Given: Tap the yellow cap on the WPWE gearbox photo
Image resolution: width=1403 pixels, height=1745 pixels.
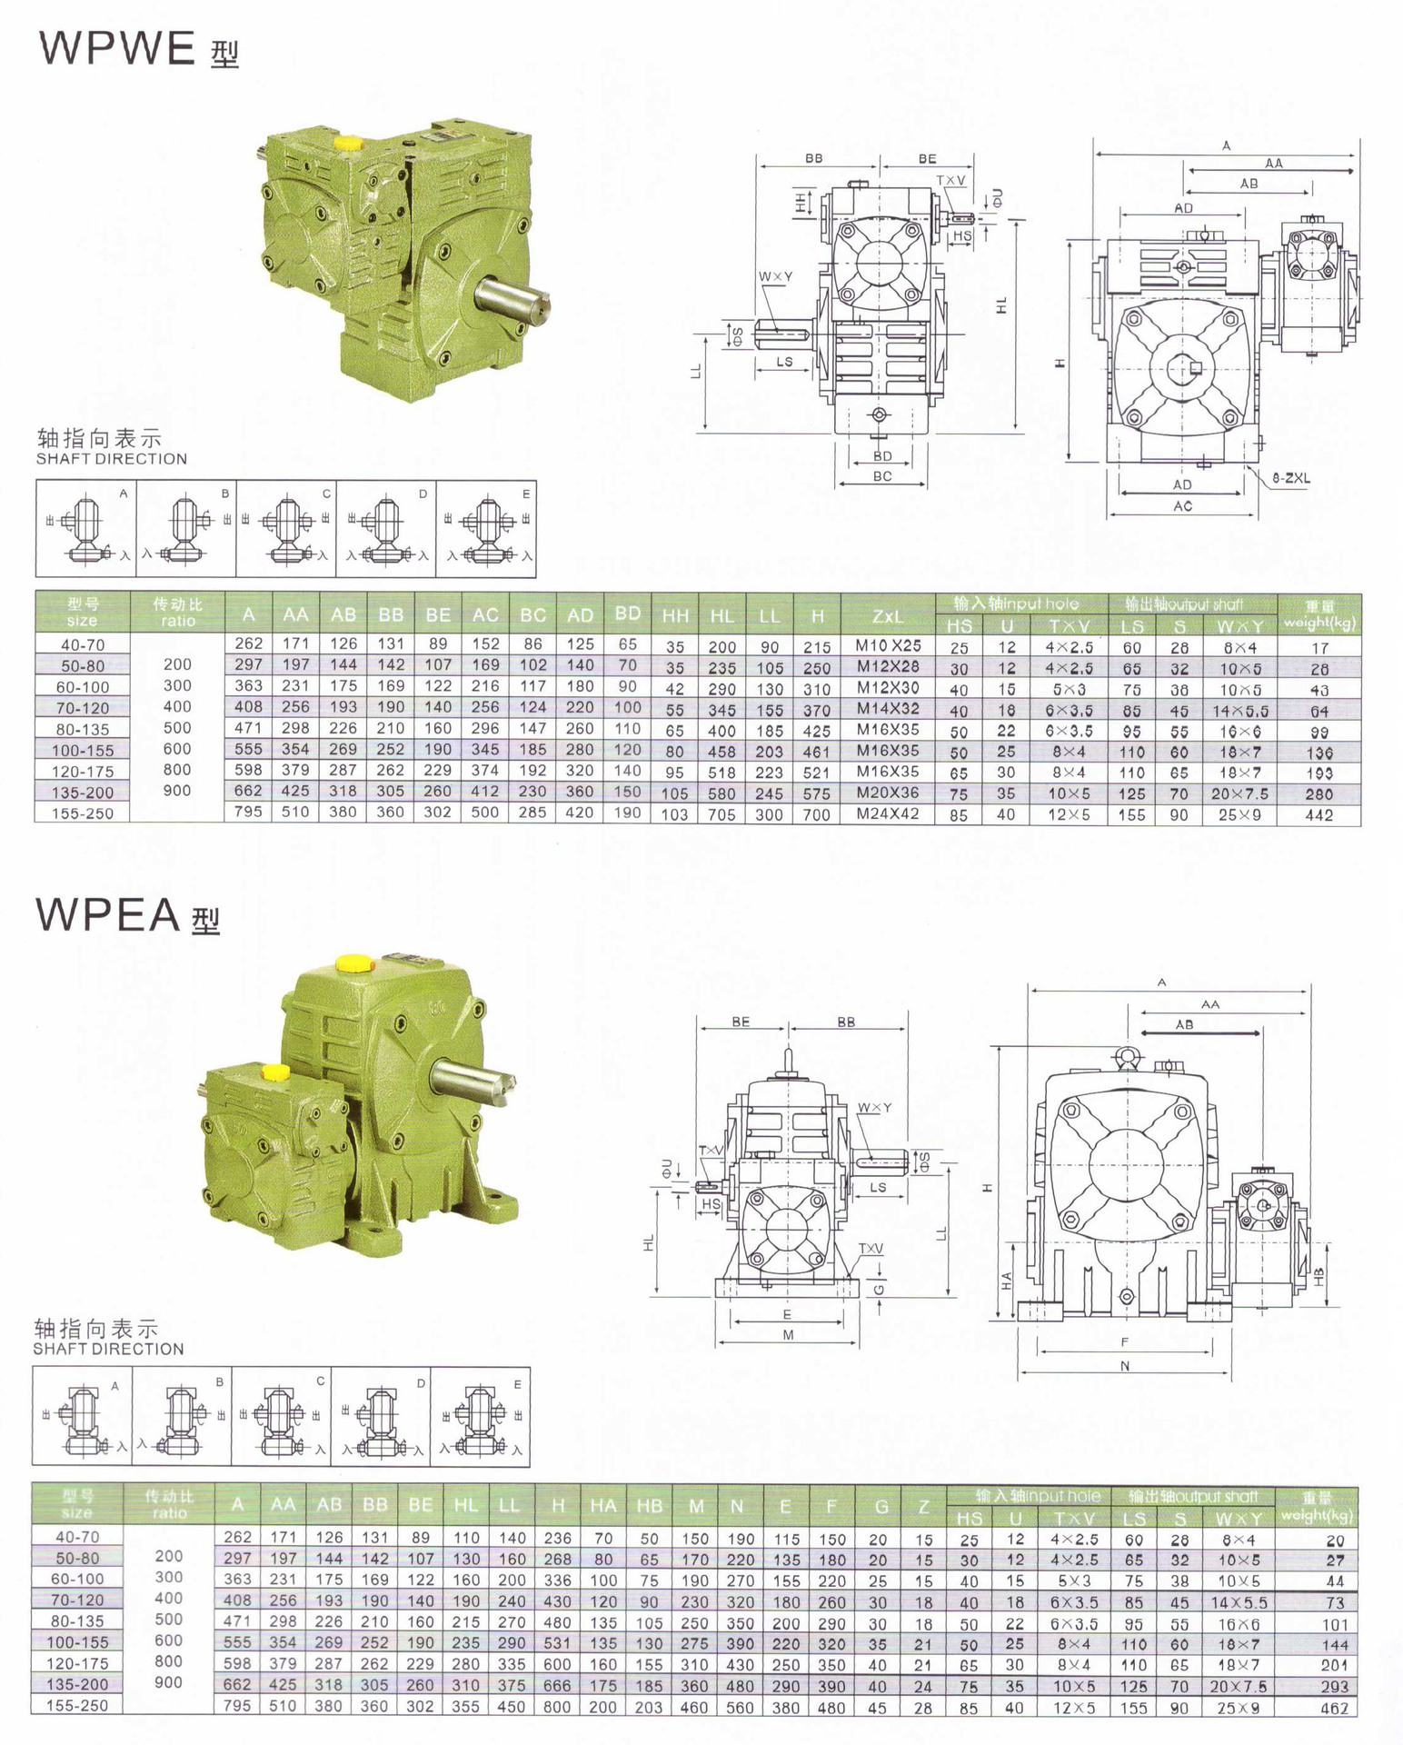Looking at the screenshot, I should tap(348, 143).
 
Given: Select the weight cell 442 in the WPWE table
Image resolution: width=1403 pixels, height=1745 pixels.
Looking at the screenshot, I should tap(1318, 815).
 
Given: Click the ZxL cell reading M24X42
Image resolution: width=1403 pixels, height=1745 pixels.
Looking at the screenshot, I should tap(888, 814).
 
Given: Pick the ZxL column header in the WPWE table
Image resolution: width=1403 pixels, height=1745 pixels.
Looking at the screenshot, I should tap(888, 616).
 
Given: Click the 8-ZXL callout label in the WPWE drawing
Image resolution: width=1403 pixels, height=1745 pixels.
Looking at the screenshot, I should tap(1290, 478).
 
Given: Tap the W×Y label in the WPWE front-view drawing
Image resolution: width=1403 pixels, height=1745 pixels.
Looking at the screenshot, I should tap(775, 276).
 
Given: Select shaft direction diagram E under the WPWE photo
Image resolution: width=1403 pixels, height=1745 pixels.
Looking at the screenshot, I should tap(486, 529).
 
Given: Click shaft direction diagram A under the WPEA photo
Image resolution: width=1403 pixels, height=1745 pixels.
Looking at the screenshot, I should tap(83, 1417).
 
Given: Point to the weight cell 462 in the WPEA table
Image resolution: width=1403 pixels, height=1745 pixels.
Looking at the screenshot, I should tap(1334, 1708).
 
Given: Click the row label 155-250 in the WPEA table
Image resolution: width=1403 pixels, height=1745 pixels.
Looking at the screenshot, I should tap(76, 1706).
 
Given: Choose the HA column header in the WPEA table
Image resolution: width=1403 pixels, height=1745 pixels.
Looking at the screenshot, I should tap(602, 1506).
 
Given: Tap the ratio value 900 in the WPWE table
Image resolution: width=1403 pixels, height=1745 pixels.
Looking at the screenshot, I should tap(177, 791).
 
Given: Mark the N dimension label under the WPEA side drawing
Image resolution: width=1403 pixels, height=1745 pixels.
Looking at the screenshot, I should tap(1124, 1366).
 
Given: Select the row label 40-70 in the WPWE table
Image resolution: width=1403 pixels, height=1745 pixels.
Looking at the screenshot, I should tap(83, 644).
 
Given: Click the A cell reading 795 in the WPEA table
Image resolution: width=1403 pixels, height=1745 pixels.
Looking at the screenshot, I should tap(237, 1706).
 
